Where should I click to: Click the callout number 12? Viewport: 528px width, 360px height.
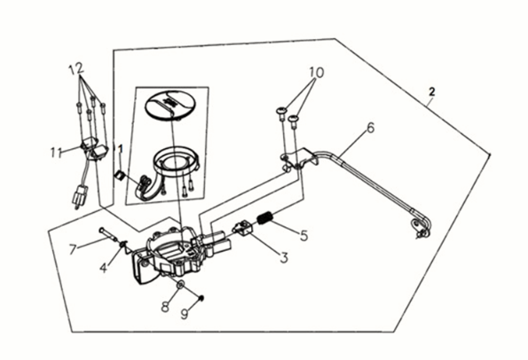[x=76, y=69]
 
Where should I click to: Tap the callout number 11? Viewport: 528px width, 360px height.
[x=57, y=153]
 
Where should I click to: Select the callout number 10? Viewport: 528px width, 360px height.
[x=317, y=73]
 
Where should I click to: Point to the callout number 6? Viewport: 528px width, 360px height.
[x=370, y=128]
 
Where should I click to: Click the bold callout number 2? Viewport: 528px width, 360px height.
[x=431, y=91]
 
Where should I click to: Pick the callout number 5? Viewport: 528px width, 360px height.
[x=303, y=236]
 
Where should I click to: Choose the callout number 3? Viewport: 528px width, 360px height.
[x=284, y=257]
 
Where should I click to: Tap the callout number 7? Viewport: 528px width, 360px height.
[x=73, y=250]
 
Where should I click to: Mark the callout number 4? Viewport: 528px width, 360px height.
[x=103, y=268]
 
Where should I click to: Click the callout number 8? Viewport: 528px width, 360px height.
[x=165, y=307]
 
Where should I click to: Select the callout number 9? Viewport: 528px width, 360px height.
[x=185, y=314]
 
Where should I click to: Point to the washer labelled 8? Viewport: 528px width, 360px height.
[x=180, y=285]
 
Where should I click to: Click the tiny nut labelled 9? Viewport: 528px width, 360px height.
[x=201, y=298]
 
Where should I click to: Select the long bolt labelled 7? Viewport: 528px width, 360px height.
[x=107, y=234]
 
